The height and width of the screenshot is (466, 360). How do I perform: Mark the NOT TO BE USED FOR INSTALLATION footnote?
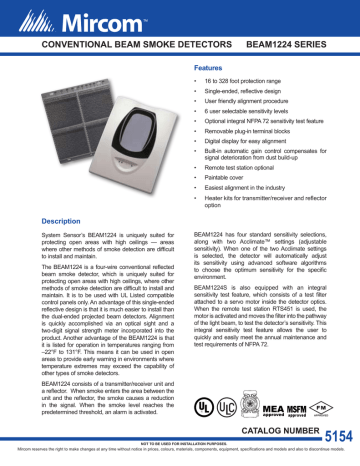pyautogui.click(x=180, y=448)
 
